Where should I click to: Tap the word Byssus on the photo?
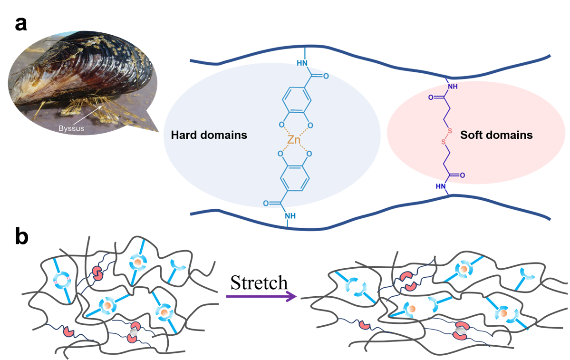(69, 128)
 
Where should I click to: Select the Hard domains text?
(209, 135)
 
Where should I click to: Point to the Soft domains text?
(496, 135)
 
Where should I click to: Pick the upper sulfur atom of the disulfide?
(450, 131)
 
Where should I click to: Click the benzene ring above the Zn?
(296, 101)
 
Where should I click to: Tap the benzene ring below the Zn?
(296, 179)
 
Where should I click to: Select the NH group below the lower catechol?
(290, 216)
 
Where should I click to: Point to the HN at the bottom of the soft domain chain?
(442, 186)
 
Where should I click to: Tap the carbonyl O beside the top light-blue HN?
(326, 76)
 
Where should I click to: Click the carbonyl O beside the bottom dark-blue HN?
(462, 175)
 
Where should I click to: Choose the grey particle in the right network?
(459, 330)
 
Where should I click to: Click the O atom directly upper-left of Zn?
(281, 125)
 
